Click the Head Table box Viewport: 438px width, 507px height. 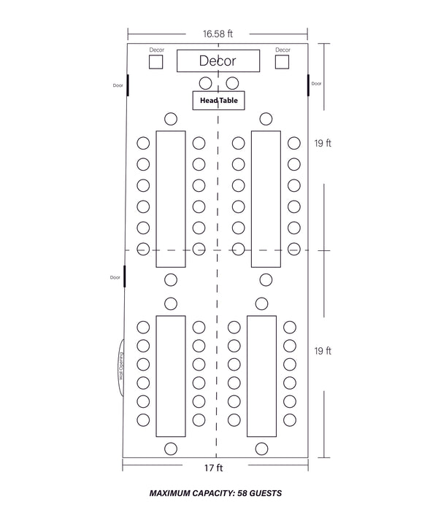(x=218, y=100)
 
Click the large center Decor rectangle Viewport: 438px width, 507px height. (x=218, y=61)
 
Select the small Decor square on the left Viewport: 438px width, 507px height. (x=156, y=62)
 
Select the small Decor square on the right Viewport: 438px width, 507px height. (x=283, y=62)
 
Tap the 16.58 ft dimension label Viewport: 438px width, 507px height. (x=218, y=34)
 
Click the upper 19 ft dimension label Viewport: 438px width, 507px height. (x=323, y=144)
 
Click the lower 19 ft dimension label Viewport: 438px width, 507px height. (x=323, y=351)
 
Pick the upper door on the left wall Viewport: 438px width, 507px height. (x=128, y=85)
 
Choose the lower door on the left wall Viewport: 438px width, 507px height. (x=125, y=277)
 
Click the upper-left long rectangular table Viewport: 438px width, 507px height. (x=171, y=199)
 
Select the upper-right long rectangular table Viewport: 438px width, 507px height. (x=266, y=199)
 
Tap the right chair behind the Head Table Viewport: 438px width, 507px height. (x=232, y=82)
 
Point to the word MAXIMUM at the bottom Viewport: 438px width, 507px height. (x=172, y=493)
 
